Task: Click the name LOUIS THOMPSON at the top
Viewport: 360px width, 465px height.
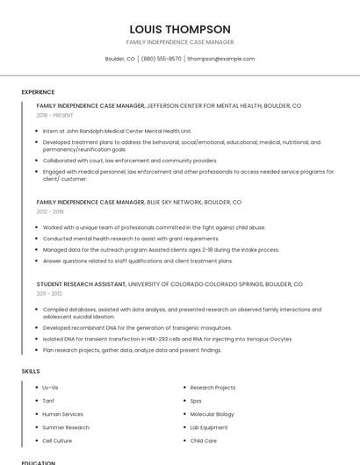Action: pos(179,29)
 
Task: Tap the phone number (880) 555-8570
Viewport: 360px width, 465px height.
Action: pos(162,59)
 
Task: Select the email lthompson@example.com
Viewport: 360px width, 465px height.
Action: pos(220,59)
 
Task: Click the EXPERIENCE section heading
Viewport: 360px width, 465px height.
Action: pos(38,92)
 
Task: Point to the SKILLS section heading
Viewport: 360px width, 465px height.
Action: pos(31,371)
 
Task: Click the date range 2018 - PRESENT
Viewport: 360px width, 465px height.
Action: pos(55,115)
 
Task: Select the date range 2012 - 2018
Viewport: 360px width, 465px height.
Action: pos(50,211)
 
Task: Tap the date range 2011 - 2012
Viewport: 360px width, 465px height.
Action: pos(49,294)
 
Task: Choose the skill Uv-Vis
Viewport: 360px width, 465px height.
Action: pos(51,387)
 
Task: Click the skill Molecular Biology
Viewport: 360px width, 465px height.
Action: pos(212,413)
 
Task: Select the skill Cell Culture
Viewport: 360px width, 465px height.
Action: pos(57,440)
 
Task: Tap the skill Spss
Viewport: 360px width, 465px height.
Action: pos(196,400)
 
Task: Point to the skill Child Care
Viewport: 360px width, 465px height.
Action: pos(203,440)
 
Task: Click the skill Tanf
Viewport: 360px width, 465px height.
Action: pos(48,400)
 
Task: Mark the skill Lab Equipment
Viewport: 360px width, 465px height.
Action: pos(208,427)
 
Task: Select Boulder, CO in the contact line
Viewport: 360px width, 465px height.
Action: pos(120,59)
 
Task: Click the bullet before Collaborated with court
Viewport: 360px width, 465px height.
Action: pos(37,161)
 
